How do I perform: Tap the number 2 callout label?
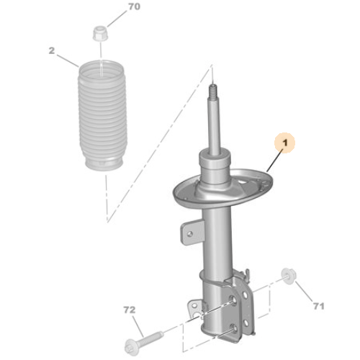[x=52, y=50]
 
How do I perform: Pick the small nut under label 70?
[x=99, y=33]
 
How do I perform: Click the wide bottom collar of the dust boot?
[x=105, y=165]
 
